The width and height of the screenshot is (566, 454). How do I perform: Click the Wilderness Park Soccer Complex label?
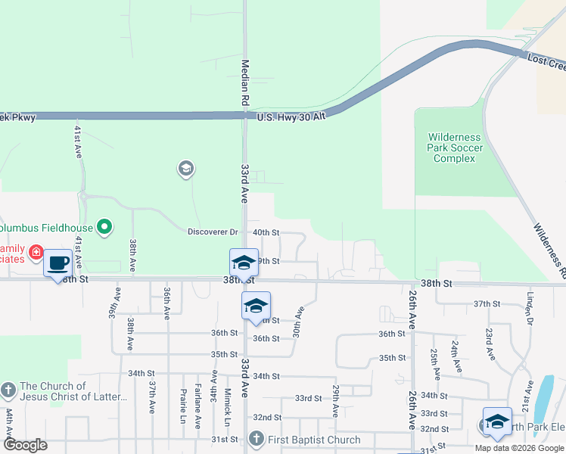(454, 148)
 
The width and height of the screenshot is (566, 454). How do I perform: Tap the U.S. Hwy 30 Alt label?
(291, 117)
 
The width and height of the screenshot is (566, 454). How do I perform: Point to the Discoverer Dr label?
(213, 232)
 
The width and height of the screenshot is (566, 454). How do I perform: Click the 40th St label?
(266, 232)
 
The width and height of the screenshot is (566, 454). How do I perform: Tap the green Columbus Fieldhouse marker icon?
(105, 226)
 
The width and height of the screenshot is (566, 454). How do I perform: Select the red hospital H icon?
(35, 252)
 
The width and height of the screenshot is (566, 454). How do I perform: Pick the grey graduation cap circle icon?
(185, 168)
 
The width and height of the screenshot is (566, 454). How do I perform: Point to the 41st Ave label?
(77, 141)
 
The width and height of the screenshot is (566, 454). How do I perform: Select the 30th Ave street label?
(300, 322)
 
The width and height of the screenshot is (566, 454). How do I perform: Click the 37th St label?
(487, 303)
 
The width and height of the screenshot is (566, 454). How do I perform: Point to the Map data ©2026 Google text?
(518, 448)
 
